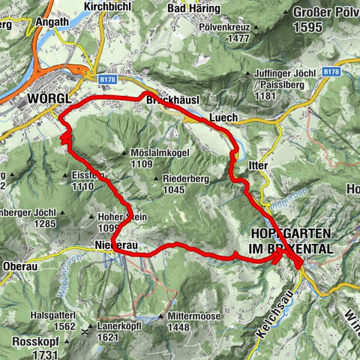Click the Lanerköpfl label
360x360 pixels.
[x=121, y=327]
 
